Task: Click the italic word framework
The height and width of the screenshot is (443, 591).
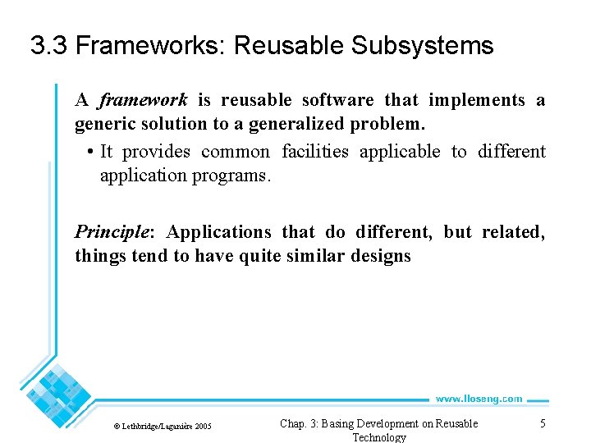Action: tap(144, 100)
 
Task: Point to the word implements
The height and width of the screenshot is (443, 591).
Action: tap(478, 100)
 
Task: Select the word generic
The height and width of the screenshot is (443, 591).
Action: tap(104, 124)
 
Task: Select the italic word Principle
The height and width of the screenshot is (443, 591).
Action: tap(109, 232)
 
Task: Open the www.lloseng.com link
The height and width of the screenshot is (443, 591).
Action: tap(479, 399)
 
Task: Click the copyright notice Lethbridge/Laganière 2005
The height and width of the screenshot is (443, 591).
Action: tap(162, 426)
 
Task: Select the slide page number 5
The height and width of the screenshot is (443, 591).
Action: tap(543, 423)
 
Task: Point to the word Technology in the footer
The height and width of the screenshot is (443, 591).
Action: tap(378, 437)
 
